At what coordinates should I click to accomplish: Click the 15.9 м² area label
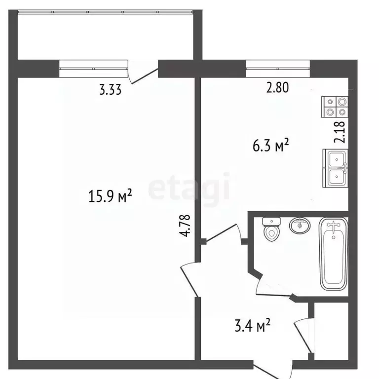110,196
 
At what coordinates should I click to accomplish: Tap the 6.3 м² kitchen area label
271,145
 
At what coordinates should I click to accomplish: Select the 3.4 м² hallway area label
252,325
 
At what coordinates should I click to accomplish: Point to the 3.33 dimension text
110,90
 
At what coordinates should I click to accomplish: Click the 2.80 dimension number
277,87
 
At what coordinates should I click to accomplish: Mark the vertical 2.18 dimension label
341,132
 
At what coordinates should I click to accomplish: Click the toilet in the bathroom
271,229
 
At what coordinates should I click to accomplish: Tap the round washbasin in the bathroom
300,225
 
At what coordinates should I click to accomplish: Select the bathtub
334,254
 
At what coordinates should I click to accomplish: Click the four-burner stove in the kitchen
335,107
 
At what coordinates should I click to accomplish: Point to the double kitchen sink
336,168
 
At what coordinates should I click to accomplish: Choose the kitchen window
278,69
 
